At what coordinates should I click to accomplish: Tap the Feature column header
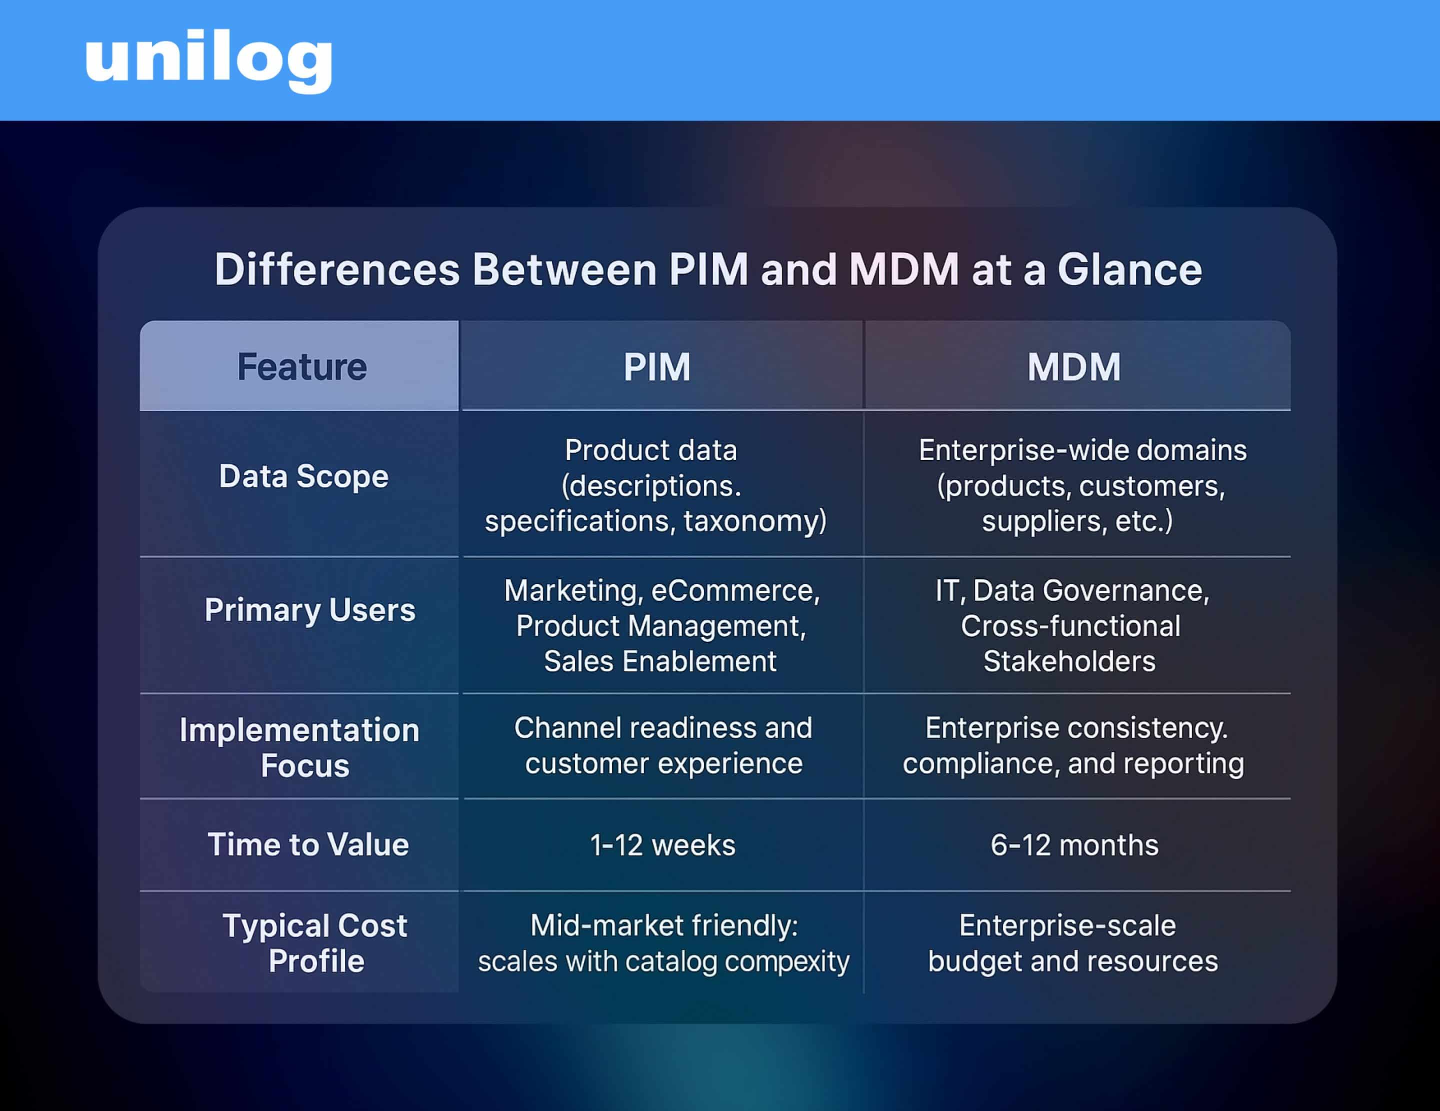pos(301,367)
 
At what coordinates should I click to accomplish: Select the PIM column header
pos(656,367)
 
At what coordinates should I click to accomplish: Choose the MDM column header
pos(1073,367)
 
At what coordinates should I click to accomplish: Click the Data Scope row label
pos(303,476)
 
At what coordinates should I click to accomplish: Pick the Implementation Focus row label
pos(300,747)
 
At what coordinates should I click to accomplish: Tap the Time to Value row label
pos(308,845)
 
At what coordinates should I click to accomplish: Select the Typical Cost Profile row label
pos(314,943)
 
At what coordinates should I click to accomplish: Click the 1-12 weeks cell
pos(662,845)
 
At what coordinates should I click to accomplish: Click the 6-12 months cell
pos(1073,845)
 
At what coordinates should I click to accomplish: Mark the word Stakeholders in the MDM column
pos(1069,662)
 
